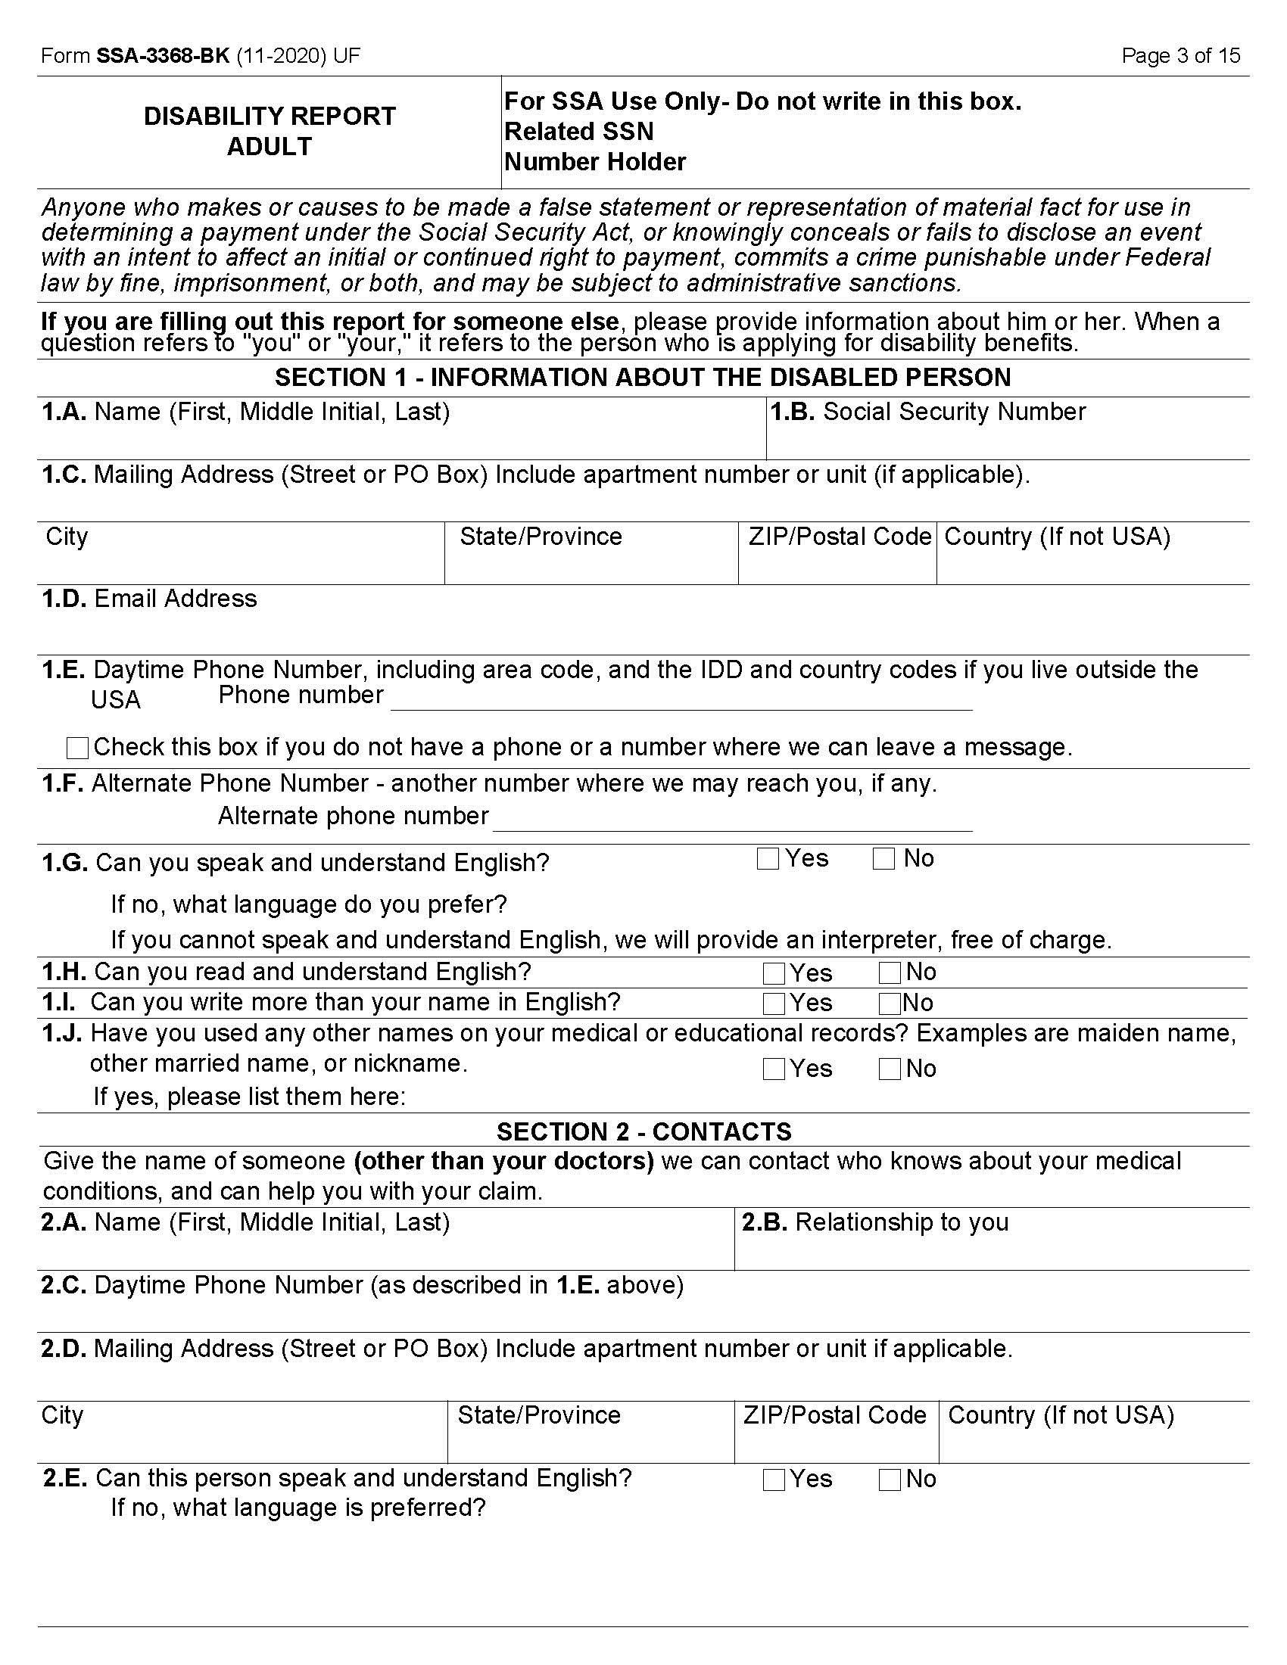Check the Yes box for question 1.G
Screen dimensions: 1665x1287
click(x=768, y=859)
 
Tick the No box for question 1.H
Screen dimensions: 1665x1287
click(x=889, y=973)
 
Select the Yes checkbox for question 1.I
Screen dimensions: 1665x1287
click(x=774, y=1004)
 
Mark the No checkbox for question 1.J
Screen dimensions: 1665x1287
click(x=889, y=1069)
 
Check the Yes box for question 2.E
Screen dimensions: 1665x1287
click(x=774, y=1480)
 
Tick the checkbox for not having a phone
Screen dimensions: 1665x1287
click(x=78, y=748)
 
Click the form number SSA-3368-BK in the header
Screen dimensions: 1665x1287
click(x=163, y=56)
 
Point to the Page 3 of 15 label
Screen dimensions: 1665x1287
click(x=1180, y=56)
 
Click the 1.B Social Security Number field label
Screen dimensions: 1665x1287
click(x=928, y=412)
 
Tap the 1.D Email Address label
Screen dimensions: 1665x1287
click(x=149, y=599)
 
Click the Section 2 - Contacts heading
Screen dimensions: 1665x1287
click(x=643, y=1131)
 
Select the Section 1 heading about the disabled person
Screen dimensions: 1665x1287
click(x=642, y=378)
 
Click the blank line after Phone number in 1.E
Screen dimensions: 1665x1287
click(x=680, y=702)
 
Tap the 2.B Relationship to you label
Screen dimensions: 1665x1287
click(x=875, y=1222)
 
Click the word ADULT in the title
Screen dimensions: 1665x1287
click(x=270, y=146)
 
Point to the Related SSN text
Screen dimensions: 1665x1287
click(x=578, y=132)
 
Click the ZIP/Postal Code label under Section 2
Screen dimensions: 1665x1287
click(x=835, y=1415)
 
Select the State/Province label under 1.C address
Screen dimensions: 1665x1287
click(x=541, y=537)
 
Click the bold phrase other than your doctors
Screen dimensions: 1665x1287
click(x=504, y=1161)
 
